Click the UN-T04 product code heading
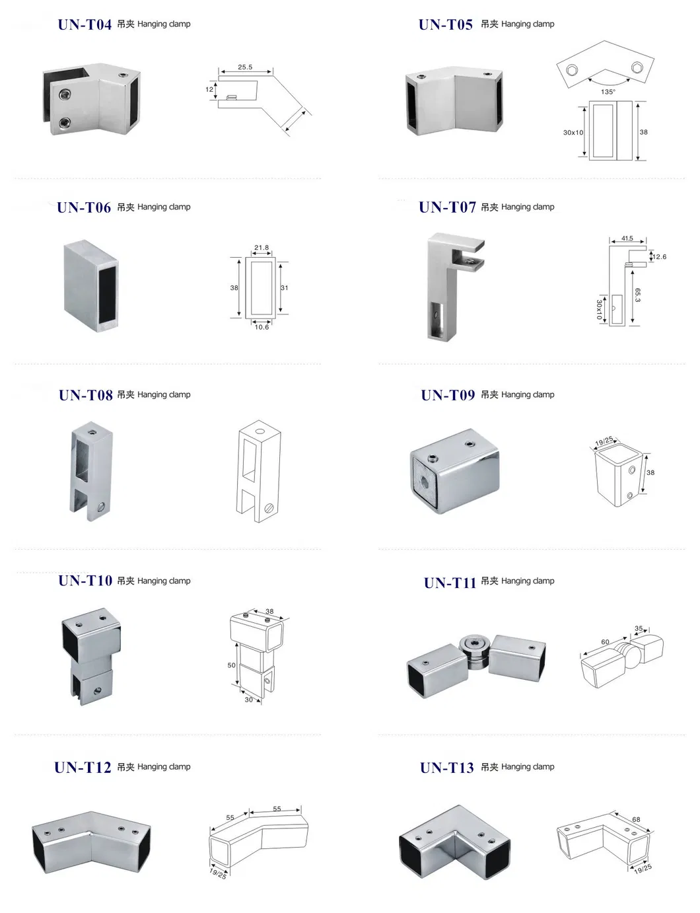click(85, 25)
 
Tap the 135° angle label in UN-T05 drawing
click(608, 92)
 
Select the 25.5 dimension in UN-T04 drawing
click(245, 67)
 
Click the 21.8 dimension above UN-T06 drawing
click(262, 248)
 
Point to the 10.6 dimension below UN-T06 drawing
click(262, 327)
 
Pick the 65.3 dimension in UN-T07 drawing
click(637, 295)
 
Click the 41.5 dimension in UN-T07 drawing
click(627, 238)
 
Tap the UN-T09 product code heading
click(448, 395)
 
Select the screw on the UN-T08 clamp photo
click(100, 507)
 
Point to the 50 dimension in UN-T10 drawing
click(231, 665)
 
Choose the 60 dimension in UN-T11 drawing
click(605, 641)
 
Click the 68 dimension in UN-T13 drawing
click(636, 819)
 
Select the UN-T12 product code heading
click(83, 767)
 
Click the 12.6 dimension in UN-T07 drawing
click(659, 257)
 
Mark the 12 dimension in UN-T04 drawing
click(209, 89)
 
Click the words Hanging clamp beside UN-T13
click(528, 767)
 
